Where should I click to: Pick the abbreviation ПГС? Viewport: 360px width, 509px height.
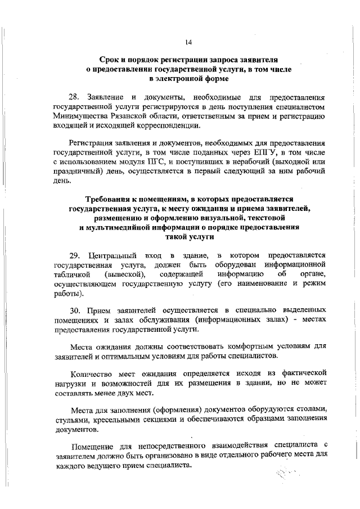pos(169,162)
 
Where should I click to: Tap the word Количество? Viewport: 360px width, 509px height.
pos(91,373)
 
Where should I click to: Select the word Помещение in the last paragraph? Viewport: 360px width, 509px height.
pos(91,447)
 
